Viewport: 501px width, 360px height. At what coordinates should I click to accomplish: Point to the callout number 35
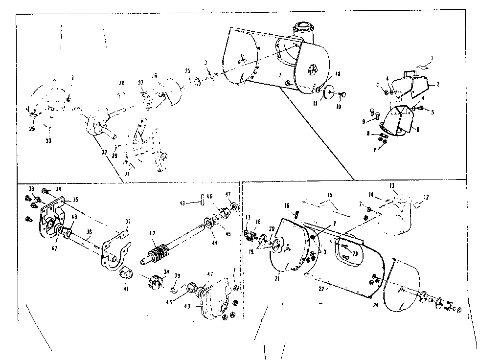point(75,200)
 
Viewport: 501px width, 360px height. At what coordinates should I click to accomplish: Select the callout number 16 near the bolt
point(287,206)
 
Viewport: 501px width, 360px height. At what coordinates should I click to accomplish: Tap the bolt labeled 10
point(342,94)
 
